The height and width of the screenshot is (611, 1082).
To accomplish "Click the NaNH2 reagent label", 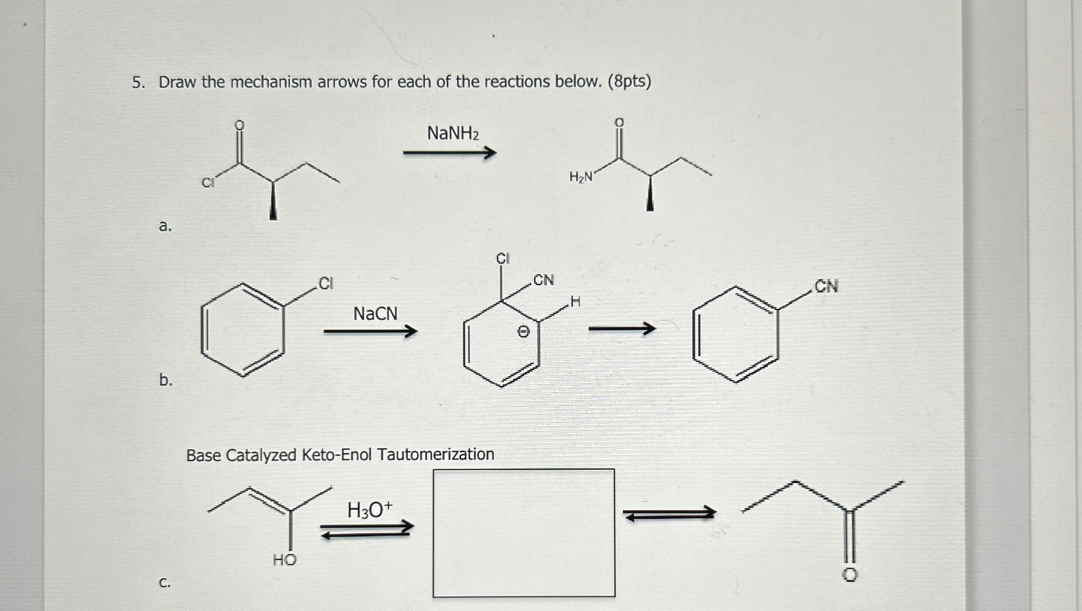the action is point(452,133).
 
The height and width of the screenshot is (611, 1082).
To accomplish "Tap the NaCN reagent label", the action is point(375,314).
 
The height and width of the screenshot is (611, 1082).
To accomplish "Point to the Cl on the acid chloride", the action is point(207,182).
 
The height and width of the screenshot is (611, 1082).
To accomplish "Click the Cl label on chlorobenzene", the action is point(326,283).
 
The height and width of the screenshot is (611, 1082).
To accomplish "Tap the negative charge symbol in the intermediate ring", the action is point(523,332).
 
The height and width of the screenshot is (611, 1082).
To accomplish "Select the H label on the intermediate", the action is point(575,301).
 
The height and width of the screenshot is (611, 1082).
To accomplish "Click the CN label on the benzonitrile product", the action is point(826,287).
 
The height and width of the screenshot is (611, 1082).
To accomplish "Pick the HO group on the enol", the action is point(284,560).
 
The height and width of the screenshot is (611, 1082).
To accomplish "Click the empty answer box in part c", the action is point(524,533).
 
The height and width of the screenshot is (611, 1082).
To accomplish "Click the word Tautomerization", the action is point(436,454).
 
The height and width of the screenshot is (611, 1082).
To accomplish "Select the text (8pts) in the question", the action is point(629,82).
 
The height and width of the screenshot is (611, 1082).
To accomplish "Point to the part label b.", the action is point(166,380).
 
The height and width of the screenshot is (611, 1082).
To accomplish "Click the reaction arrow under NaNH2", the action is point(449,153).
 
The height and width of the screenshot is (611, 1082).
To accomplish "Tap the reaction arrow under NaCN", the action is point(370,332).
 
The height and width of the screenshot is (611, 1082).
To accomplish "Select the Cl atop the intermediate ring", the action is point(502,259).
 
